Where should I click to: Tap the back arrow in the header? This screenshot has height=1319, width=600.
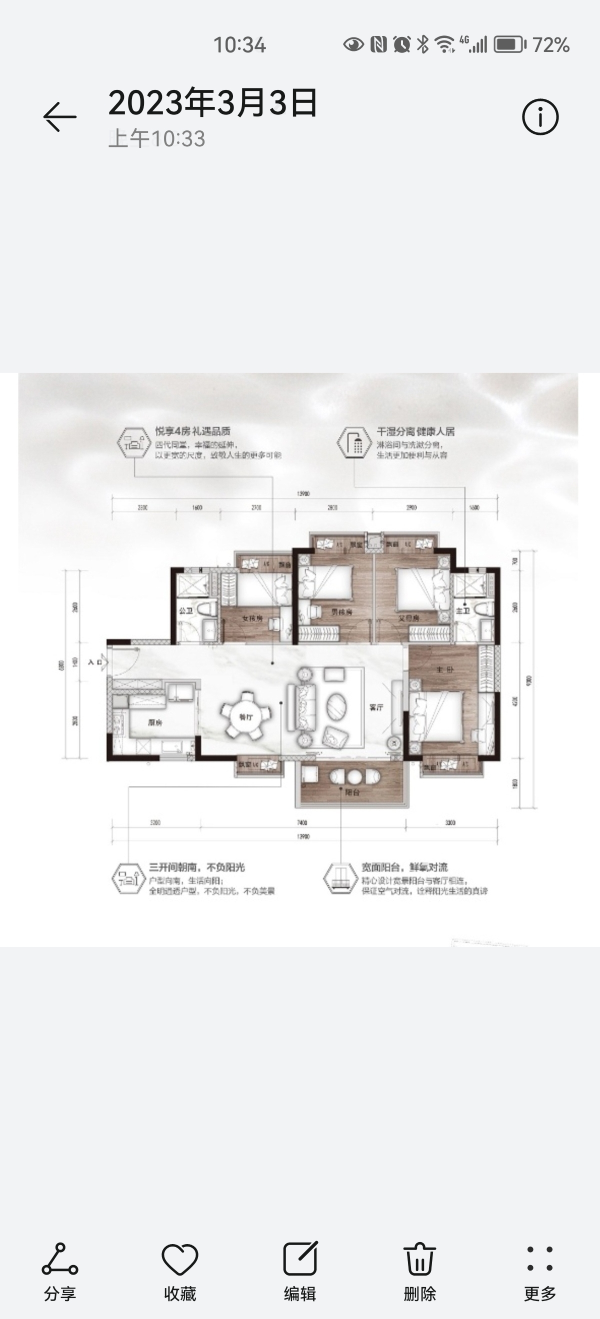coord(60,117)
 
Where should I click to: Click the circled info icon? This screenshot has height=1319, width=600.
coord(540,117)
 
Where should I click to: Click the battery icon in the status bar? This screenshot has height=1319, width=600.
coord(509,44)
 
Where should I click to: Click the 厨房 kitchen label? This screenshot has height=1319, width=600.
coord(155,722)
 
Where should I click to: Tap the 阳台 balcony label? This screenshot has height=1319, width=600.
coord(352,792)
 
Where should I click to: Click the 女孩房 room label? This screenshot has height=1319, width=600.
coord(252,619)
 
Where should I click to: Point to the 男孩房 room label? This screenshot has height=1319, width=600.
coord(341,612)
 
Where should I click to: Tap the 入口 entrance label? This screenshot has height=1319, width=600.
coord(95,662)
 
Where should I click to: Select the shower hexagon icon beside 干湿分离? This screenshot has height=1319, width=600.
coord(354,442)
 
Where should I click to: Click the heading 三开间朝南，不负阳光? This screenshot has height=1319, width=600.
coord(197,867)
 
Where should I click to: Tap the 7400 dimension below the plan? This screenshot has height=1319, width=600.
coord(302,823)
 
